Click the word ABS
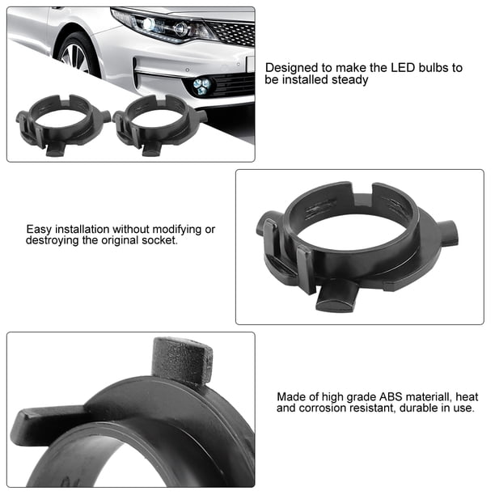tap(391, 396)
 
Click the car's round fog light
tap(201, 86)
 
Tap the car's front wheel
tap(78, 55)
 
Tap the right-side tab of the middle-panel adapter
tap(448, 233)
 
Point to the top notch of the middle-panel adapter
tap(362, 189)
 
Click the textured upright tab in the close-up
tap(182, 359)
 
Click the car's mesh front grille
tap(232, 32)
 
